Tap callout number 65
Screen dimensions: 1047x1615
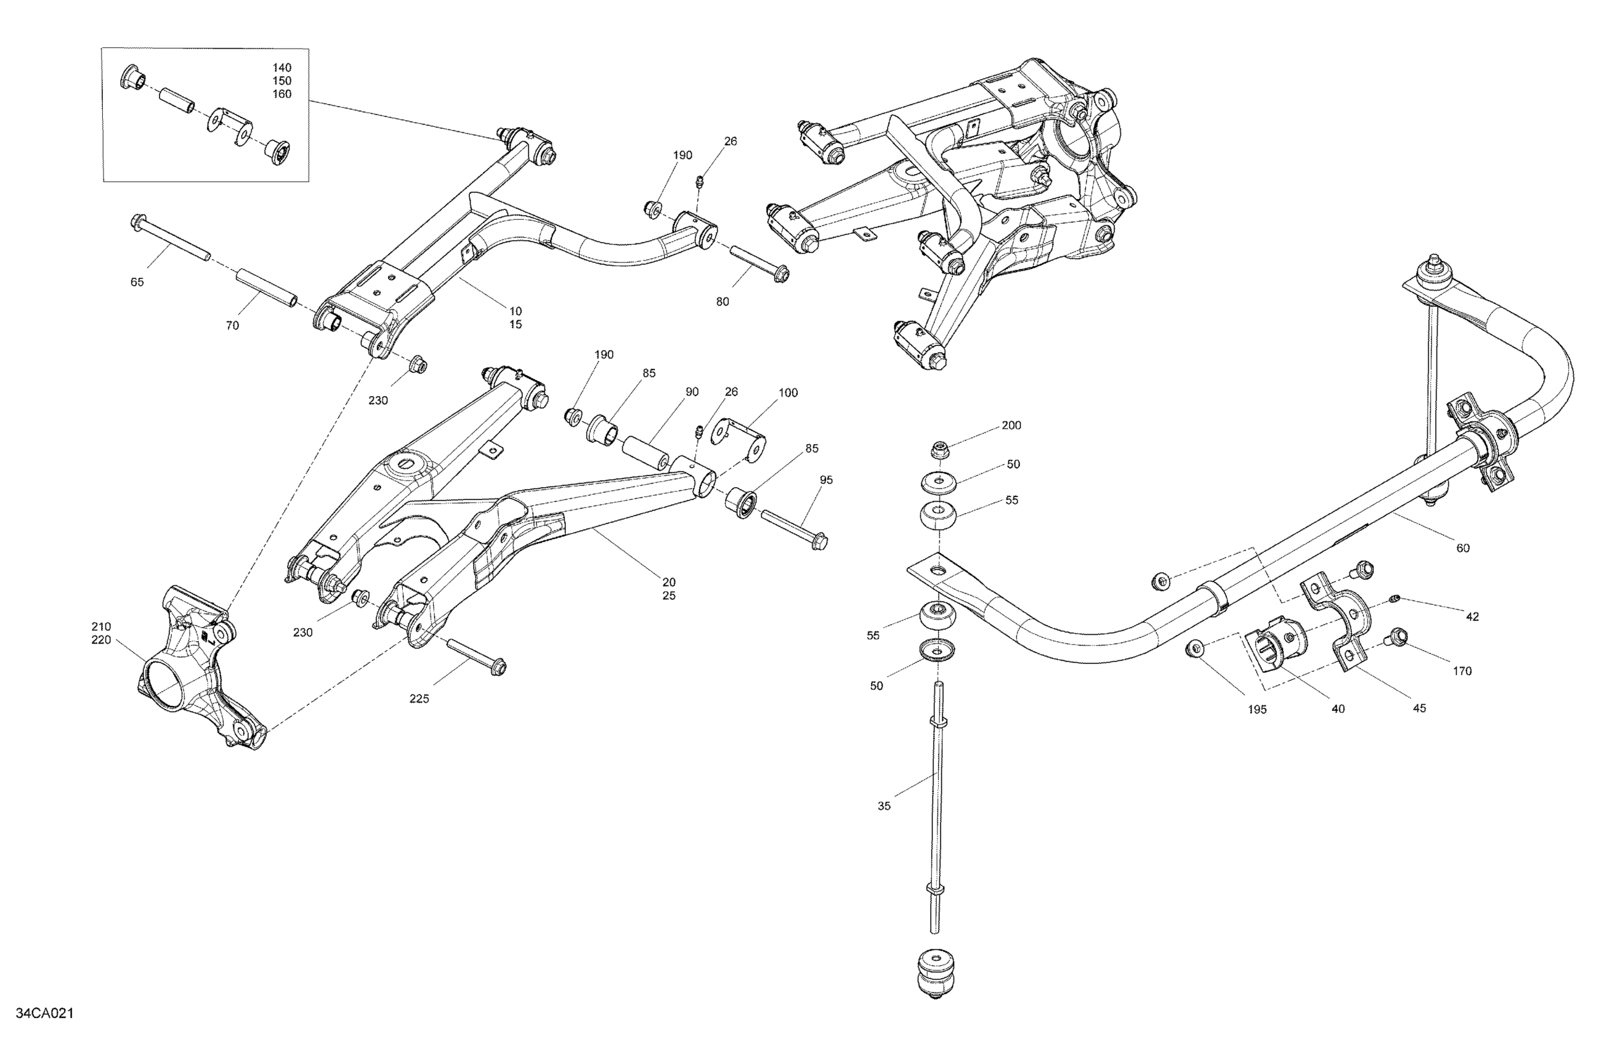pos(137,282)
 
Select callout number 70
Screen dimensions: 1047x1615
pos(232,326)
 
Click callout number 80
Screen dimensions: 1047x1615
pos(722,302)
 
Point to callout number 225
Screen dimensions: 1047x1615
pos(419,699)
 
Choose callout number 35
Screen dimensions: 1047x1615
pos(883,806)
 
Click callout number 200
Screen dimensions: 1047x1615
pos(1011,426)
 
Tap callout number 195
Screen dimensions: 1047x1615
pos(1257,709)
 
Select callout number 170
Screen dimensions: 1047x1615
pos(1462,671)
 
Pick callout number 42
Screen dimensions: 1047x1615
pos(1472,616)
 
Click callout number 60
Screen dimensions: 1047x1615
pos(1463,548)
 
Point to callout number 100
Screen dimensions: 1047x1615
pos(788,393)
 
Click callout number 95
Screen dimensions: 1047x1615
pos(826,480)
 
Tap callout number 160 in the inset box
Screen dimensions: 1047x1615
pos(281,94)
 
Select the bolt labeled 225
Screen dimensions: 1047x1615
pos(476,655)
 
